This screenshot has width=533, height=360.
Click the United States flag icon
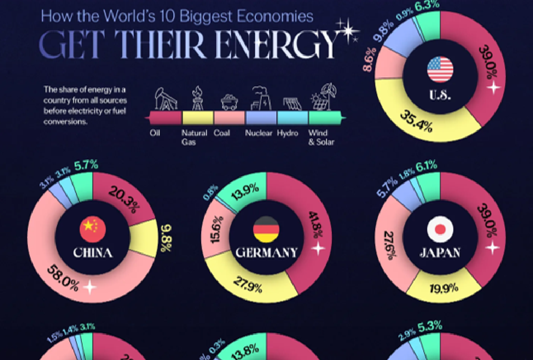(440, 69)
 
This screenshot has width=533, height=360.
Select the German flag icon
(266, 229)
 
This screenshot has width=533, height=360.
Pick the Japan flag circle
(440, 229)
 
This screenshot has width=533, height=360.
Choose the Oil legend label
(155, 133)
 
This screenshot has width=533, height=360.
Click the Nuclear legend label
(259, 133)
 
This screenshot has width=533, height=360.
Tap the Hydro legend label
(287, 133)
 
